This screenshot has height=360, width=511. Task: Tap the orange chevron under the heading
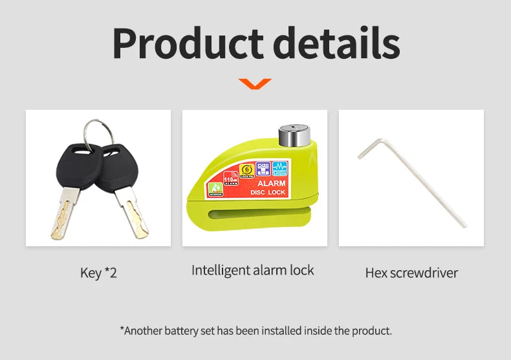pos(255,83)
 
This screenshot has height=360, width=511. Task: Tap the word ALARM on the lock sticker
pos(272,184)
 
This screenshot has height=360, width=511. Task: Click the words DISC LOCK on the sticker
pos(268,192)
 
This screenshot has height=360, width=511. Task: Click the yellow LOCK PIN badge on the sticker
pos(245,170)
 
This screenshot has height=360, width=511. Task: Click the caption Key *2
pos(98,273)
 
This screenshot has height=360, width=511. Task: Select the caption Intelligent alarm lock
pos(252,270)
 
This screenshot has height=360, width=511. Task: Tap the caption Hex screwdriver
pos(411,273)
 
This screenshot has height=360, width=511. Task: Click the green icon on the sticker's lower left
pos(215,189)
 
